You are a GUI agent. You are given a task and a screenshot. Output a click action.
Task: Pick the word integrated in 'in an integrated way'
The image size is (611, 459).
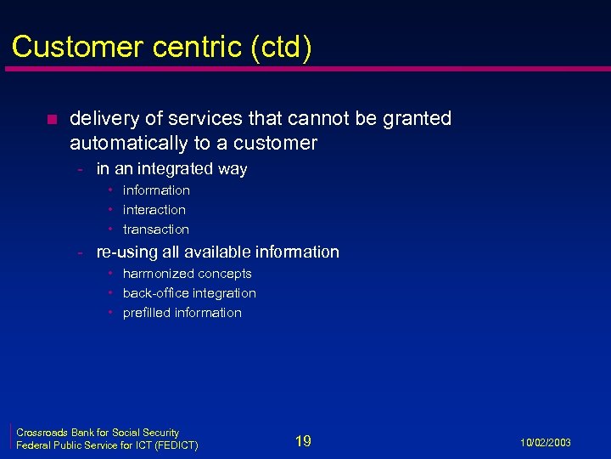coord(173,168)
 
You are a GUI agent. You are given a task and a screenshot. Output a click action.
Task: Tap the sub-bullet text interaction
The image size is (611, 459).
coord(154,209)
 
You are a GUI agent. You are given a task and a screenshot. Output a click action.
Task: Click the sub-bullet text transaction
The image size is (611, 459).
coord(155,229)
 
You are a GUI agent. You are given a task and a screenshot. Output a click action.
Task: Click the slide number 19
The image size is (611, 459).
coord(303,440)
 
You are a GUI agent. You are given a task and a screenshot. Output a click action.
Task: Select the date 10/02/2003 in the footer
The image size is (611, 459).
coord(546,443)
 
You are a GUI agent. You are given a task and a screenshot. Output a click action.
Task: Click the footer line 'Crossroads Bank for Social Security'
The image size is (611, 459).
coord(98,433)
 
